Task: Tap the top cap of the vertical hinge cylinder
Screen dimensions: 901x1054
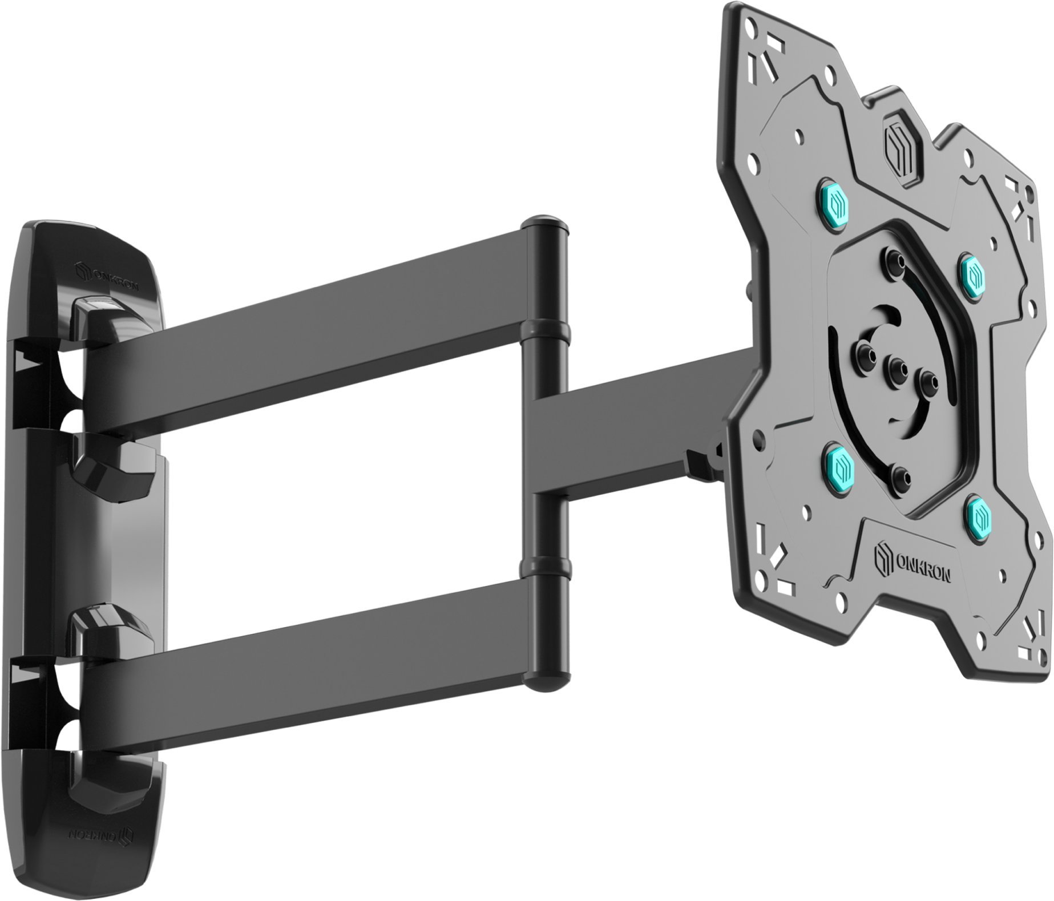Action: pyautogui.click(x=547, y=224)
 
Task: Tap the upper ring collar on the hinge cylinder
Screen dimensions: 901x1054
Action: pyautogui.click(x=547, y=330)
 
